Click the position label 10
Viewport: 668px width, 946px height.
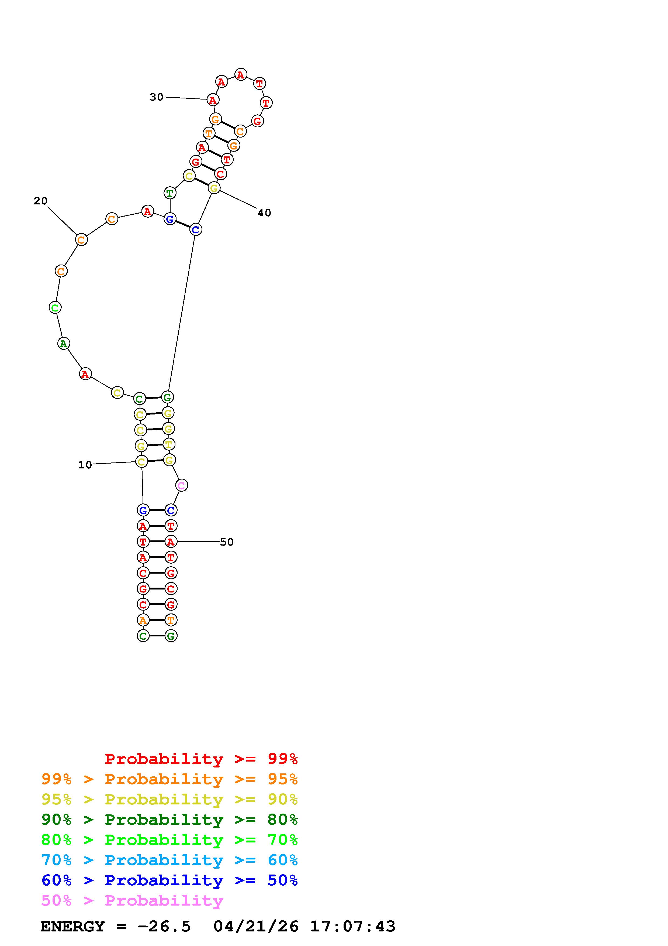85,465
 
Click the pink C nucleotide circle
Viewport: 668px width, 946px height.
182,485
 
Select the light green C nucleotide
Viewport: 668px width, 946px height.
55,307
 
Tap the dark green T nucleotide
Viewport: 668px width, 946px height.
169,193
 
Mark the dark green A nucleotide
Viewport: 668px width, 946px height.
63,343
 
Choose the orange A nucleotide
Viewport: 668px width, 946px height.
143,620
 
